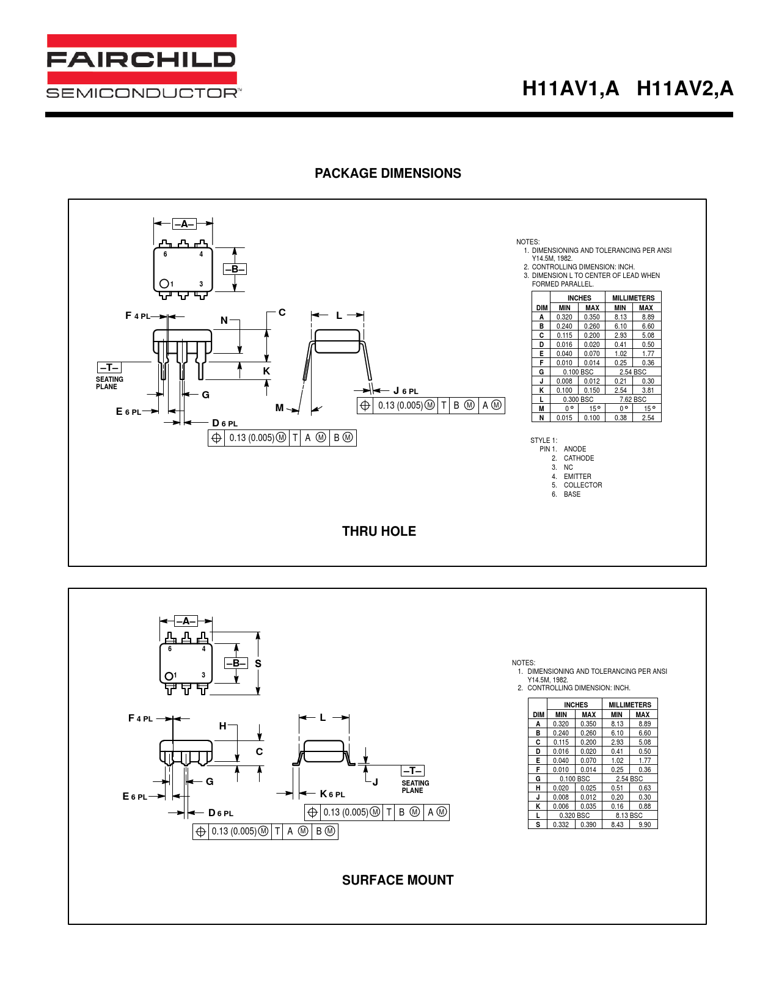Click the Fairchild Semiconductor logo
pos(144,66)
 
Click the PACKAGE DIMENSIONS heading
pos(388,173)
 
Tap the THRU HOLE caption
pos(379,531)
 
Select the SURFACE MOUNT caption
pos(398,880)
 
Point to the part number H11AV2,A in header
pos(685,89)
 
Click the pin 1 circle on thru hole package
pos(164,284)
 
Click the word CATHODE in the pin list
pos(579,458)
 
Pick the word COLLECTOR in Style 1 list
pos(583,485)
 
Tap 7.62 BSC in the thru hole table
pos(633,400)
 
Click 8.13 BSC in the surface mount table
pos(629,816)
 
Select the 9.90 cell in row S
pos(645,825)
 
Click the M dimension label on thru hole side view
pos(279,407)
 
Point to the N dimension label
pos(224,320)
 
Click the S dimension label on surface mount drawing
pos(258,664)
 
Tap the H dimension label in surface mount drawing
pos(223,726)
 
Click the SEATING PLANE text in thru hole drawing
pos(109,383)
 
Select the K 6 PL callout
pos(332,794)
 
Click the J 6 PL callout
pos(406,391)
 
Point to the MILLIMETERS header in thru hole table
pos(633,298)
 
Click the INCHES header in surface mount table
pos(576,704)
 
